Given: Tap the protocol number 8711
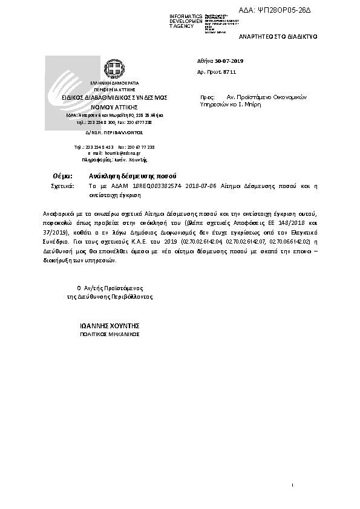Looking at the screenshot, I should (x=228, y=72).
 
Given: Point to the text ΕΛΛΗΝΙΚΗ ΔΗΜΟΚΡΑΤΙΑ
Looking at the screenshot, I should (x=115, y=82).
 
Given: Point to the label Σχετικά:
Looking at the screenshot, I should (x=61, y=187).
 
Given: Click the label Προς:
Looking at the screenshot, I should (x=208, y=97).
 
